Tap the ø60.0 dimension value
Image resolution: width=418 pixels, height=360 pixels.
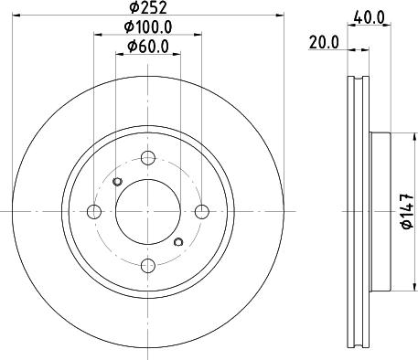[148, 46]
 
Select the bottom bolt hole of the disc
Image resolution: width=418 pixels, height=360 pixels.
[148, 266]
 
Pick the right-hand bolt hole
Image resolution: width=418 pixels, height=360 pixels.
[202, 212]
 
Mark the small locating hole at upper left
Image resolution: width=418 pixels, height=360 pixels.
[116, 182]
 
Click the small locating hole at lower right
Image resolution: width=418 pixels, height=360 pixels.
[179, 242]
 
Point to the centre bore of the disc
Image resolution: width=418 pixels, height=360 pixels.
[148, 212]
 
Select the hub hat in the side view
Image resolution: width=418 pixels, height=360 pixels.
[381, 212]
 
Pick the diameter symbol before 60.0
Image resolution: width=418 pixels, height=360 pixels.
[132, 46]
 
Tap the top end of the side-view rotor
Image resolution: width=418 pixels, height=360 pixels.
[360, 79]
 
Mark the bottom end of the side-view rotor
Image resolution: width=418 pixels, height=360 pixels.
[360, 345]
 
